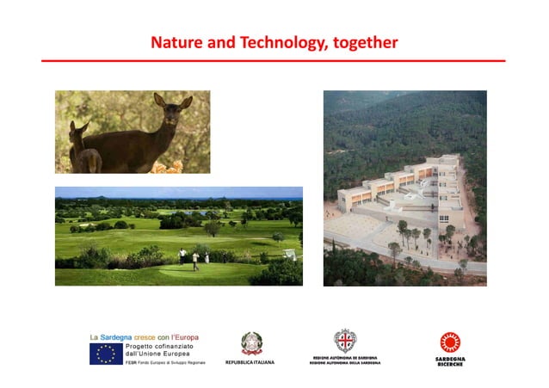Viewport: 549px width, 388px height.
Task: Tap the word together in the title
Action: [x=362, y=41]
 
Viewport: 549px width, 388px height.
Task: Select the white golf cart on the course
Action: [x=291, y=255]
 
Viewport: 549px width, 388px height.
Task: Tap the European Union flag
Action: [x=106, y=354]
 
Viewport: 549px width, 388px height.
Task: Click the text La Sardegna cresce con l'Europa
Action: [x=144, y=336]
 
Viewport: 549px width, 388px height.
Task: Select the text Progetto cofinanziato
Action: [x=156, y=348]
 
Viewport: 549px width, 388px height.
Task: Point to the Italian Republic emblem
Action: [x=250, y=342]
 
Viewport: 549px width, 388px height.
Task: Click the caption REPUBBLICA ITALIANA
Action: [x=250, y=362]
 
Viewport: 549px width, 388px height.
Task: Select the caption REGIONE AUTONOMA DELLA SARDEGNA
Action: [x=344, y=363]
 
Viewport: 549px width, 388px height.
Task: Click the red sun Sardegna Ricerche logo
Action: [x=449, y=342]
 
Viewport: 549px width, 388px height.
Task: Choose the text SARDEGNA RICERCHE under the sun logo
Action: [x=449, y=360]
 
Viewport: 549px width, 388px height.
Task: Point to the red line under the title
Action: [x=274, y=61]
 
